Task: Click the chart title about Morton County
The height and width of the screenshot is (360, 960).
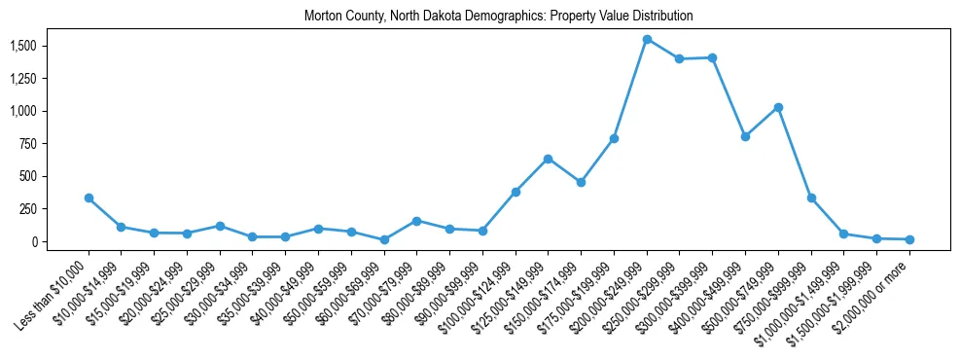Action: [x=498, y=16]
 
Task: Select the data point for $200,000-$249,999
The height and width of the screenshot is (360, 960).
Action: [x=647, y=40]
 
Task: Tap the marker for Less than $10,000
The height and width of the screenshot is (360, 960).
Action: [x=89, y=198]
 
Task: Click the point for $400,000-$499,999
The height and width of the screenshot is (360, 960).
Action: [x=745, y=136]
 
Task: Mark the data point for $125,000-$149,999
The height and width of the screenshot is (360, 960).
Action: [x=549, y=159]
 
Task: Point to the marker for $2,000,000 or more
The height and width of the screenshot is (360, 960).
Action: [x=909, y=239]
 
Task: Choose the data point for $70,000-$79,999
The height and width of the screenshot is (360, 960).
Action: [x=416, y=221]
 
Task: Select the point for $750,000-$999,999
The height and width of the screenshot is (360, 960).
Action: [x=811, y=198]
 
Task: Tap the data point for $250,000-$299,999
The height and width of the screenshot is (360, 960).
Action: [x=680, y=59]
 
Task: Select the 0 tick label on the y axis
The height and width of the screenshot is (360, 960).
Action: [x=34, y=241]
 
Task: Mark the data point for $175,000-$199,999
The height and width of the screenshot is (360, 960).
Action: [x=614, y=138]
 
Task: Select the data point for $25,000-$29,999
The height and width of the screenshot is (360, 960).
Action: [x=220, y=226]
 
